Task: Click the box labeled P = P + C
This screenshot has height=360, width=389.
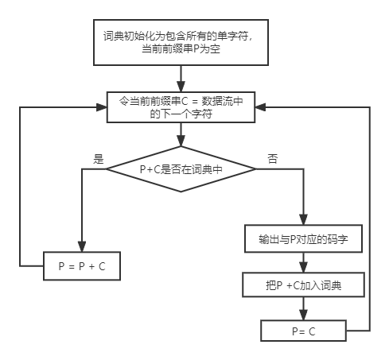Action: pyautogui.click(x=82, y=268)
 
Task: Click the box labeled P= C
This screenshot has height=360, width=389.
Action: pyautogui.click(x=304, y=330)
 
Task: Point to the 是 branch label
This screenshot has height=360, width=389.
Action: pyautogui.click(x=99, y=159)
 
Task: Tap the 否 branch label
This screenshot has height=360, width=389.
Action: pyautogui.click(x=273, y=159)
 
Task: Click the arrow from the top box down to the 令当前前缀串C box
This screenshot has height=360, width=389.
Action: pyautogui.click(x=182, y=79)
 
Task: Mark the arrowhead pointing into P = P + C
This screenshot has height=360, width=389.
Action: pyautogui.click(x=82, y=248)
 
